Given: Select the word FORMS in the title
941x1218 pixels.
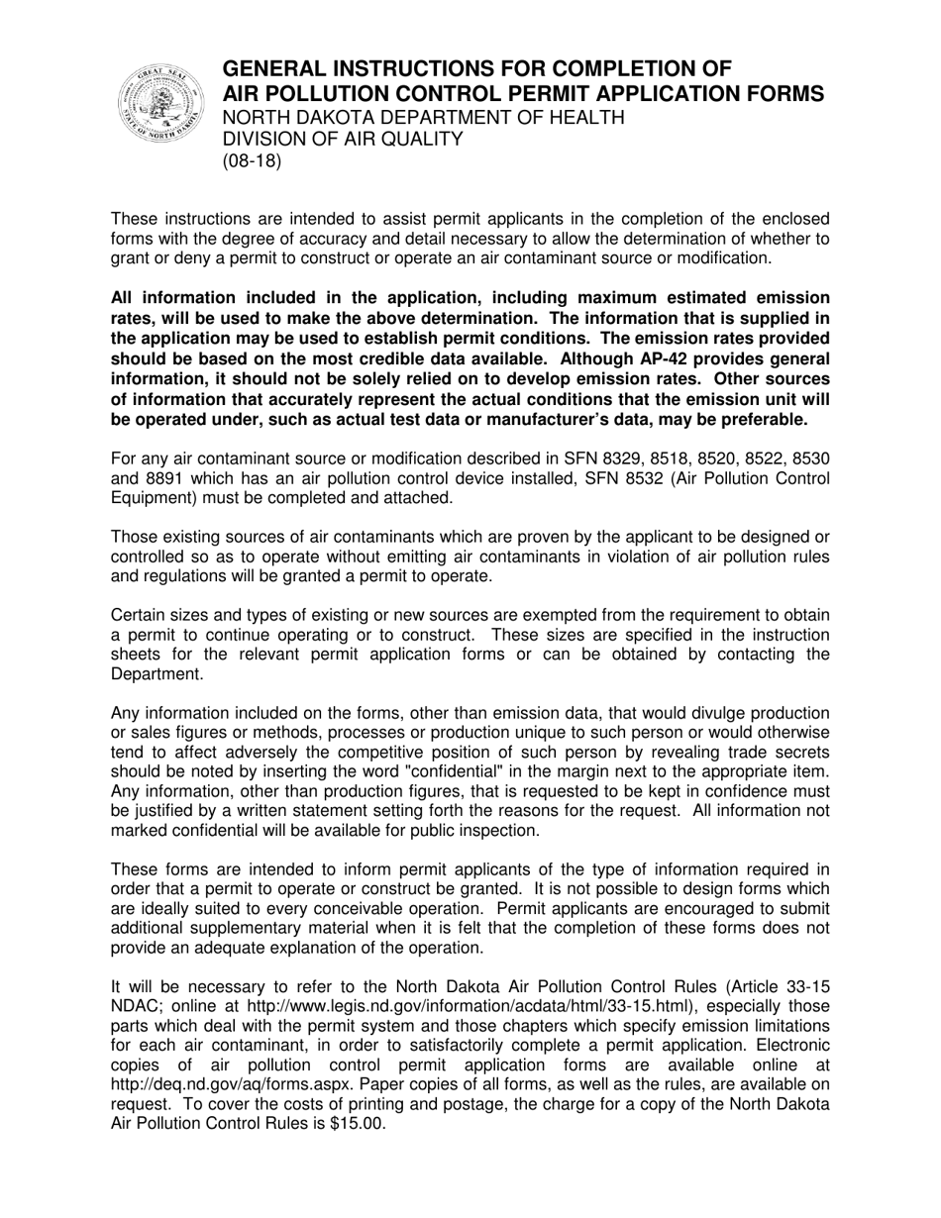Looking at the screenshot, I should pyautogui.click(x=783, y=94).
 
